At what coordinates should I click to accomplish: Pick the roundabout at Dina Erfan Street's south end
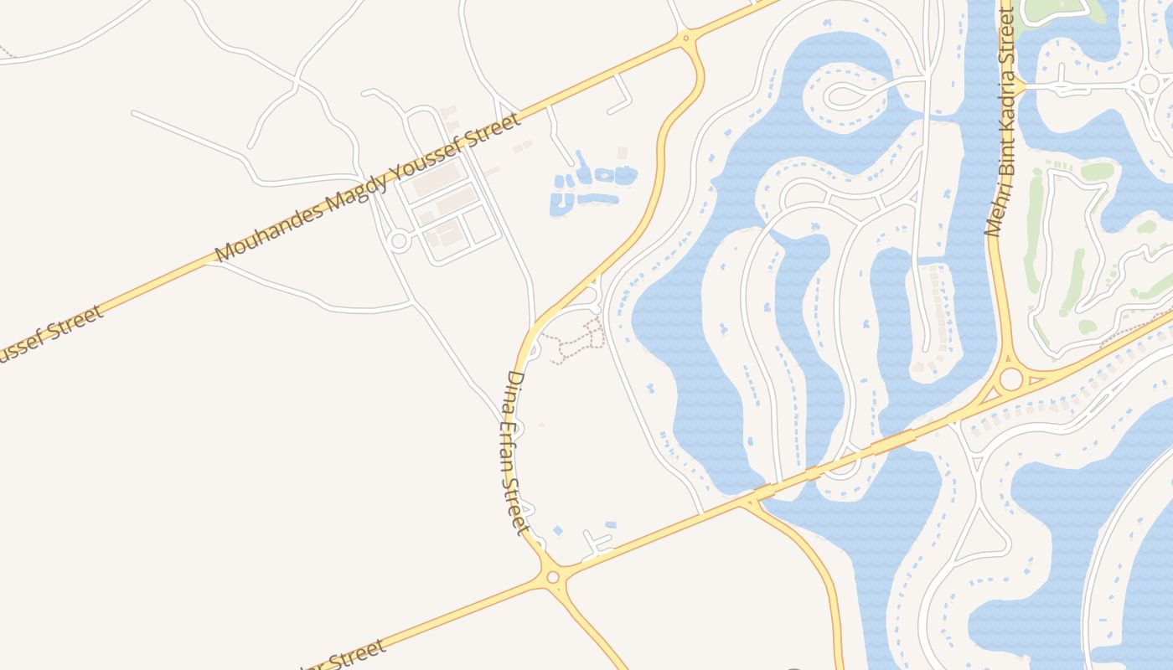pyautogui.click(x=552, y=576)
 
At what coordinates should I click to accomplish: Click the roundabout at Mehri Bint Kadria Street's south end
pyautogui.click(x=1010, y=379)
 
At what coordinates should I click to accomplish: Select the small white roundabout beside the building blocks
pyautogui.click(x=399, y=241)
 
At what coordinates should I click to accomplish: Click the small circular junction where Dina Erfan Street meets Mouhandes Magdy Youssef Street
pyautogui.click(x=686, y=37)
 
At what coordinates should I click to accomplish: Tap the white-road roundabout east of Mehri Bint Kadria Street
pyautogui.click(x=1148, y=82)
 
